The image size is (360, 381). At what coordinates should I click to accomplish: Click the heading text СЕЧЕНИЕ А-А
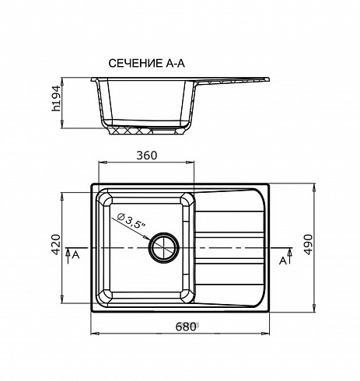point(146,63)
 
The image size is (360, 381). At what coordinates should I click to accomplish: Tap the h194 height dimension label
point(56,98)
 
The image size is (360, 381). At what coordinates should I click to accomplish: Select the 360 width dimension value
point(147,156)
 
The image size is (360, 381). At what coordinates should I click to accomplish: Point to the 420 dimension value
point(56,244)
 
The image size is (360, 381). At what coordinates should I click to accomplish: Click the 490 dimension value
point(308,245)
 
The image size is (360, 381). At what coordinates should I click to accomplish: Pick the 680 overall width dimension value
point(186,327)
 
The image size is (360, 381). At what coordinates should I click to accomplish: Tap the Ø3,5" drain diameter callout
point(131,220)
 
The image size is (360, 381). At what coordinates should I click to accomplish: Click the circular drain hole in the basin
point(164,248)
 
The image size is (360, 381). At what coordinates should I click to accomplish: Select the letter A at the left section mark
point(75,255)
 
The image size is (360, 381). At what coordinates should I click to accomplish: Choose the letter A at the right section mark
point(283,260)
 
